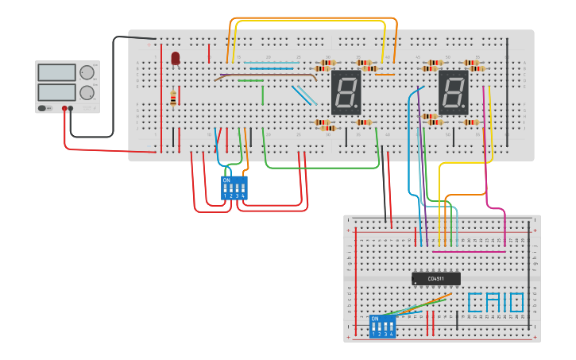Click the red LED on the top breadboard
(x=175, y=57)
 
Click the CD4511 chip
(x=435, y=279)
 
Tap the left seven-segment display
(x=346, y=92)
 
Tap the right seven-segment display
(x=454, y=92)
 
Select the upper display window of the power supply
(x=56, y=72)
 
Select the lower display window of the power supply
(x=56, y=92)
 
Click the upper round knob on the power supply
(x=87, y=72)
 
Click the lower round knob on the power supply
(x=87, y=92)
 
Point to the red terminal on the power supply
(x=64, y=108)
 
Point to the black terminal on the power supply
(x=72, y=108)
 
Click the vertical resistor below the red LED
(x=173, y=99)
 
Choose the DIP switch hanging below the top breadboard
(x=234, y=188)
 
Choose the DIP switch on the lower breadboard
(x=382, y=326)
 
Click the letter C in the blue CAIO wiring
(x=474, y=302)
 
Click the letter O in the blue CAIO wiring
(x=516, y=302)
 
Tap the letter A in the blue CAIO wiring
(x=489, y=302)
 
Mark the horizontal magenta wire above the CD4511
(x=469, y=252)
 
